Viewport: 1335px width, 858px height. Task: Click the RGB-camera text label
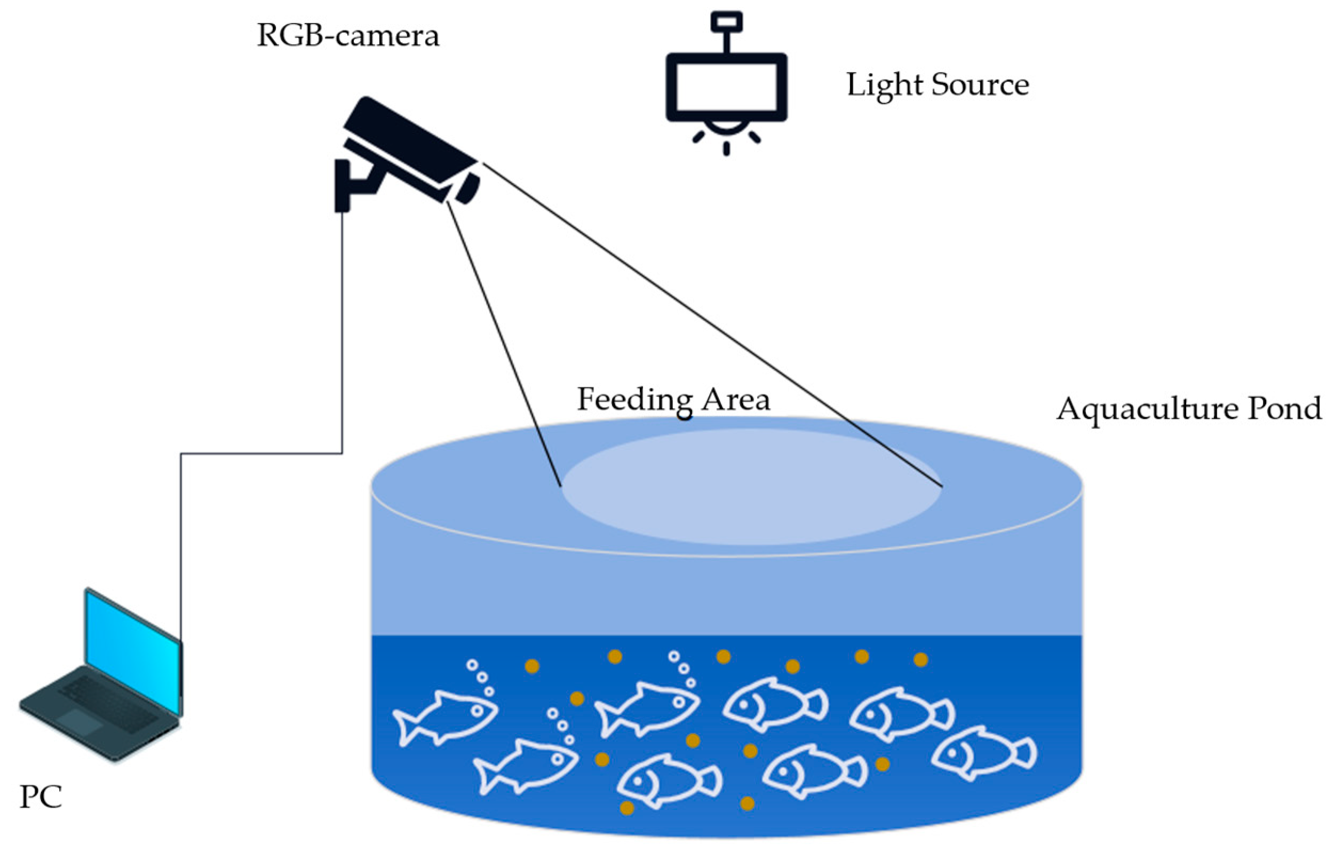(x=348, y=37)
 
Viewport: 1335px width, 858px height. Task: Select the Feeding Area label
(x=673, y=400)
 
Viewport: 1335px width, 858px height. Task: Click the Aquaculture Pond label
(x=1188, y=409)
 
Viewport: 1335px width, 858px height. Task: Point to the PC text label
(x=40, y=797)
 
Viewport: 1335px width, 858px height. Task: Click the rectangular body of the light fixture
(x=726, y=86)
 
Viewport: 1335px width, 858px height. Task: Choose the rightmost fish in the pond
(x=983, y=752)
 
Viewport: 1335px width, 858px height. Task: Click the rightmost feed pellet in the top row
(x=920, y=660)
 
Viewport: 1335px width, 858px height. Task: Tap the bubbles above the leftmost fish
(x=480, y=677)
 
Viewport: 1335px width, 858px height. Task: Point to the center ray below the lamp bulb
(x=726, y=148)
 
